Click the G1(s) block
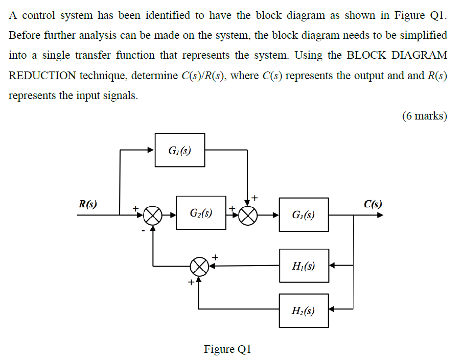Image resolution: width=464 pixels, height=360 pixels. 180,150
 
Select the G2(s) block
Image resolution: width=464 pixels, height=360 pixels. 201,213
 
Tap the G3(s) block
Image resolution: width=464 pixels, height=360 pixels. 304,215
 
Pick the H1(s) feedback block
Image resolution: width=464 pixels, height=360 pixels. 304,266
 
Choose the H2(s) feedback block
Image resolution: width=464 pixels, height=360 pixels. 304,310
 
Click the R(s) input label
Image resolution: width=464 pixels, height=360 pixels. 87,204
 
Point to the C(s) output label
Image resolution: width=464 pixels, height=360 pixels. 373,205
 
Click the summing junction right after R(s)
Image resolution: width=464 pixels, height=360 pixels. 152,215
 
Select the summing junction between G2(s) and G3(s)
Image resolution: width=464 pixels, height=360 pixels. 248,215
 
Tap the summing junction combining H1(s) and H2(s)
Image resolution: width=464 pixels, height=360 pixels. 199,266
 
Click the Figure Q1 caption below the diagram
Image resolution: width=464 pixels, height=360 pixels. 227,349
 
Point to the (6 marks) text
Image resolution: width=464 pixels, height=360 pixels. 425,116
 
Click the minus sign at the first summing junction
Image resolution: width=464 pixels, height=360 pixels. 144,231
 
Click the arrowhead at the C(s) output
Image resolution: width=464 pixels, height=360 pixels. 380,215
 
